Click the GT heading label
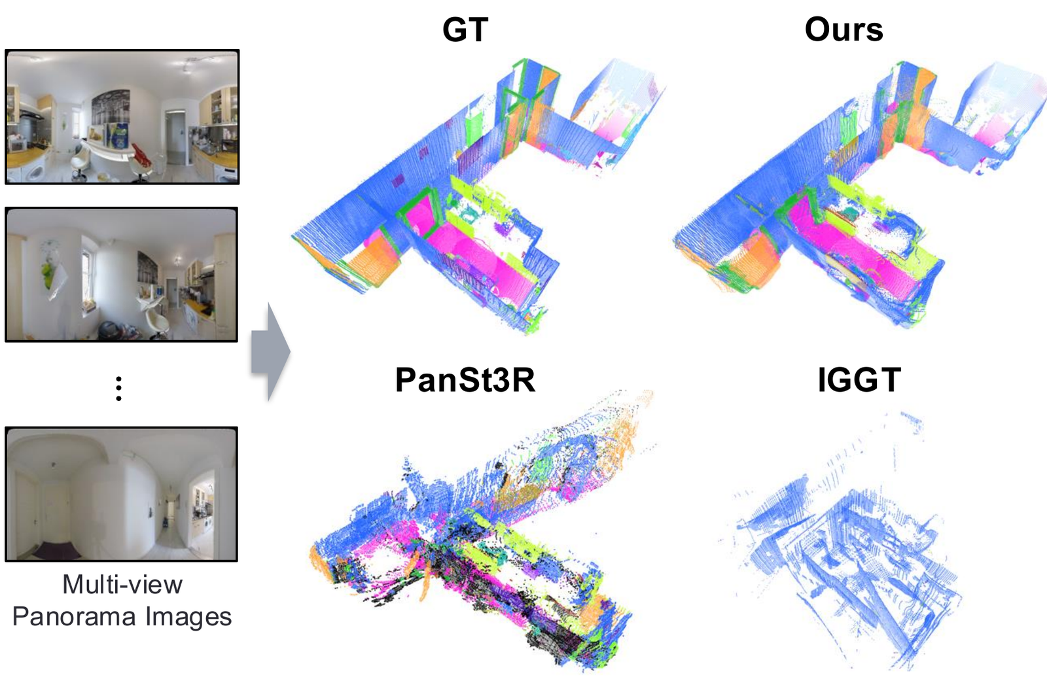point(465,30)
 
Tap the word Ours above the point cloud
point(843,30)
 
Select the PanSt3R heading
point(465,379)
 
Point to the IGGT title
point(859,379)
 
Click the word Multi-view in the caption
point(122,584)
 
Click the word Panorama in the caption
point(75,617)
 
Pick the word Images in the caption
point(188,617)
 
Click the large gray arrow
point(270,351)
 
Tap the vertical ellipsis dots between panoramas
point(118,389)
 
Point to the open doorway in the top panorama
point(174,137)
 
